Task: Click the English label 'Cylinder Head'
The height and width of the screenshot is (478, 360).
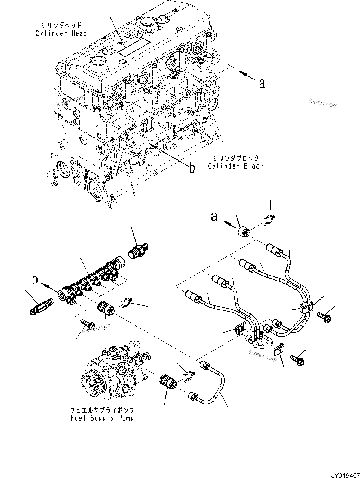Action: pos(61,33)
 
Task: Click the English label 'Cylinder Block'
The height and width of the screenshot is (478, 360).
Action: pos(236,166)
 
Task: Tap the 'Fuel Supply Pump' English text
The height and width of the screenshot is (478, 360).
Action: pos(102,418)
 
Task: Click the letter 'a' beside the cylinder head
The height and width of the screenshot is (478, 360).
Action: pos(262,83)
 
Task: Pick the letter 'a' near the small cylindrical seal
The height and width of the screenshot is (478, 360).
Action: pos(214,217)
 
